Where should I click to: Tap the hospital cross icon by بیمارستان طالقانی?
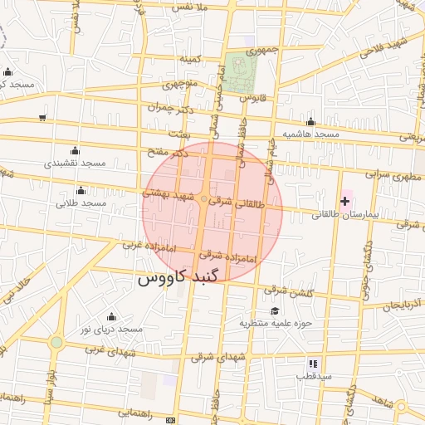345,202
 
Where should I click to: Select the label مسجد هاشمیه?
310,134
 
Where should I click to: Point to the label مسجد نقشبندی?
76,163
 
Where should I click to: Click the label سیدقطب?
315,376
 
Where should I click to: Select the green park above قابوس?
240,72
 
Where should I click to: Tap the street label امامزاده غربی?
147,246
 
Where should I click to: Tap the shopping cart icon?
42,118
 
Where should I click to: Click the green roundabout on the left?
56,341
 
